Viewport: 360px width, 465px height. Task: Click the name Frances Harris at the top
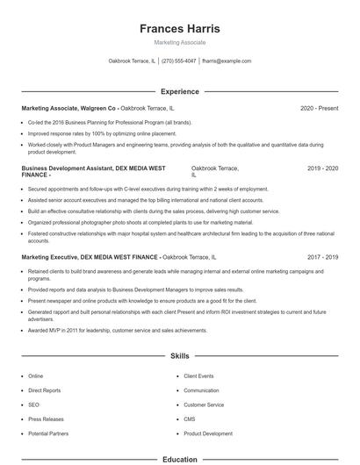click(179, 29)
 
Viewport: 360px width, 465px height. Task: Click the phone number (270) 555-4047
click(179, 61)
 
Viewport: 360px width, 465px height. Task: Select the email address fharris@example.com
click(227, 61)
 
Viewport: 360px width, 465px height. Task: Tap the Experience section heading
click(179, 91)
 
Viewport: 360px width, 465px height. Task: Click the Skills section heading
click(179, 356)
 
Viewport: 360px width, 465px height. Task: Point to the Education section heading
click(179, 459)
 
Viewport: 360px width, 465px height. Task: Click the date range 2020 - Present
click(319, 108)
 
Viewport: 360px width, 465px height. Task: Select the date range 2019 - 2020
click(322, 168)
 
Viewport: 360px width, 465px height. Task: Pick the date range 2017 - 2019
click(322, 258)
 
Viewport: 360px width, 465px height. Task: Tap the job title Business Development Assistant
click(70, 168)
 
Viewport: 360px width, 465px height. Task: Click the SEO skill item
click(34, 404)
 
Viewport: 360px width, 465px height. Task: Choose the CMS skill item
click(190, 419)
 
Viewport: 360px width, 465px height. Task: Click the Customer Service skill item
click(204, 404)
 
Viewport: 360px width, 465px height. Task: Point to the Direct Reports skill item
click(44, 390)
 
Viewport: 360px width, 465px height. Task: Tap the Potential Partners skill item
click(47, 433)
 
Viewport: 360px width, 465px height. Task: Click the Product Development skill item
click(208, 433)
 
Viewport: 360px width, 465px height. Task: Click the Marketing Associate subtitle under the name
click(179, 42)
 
